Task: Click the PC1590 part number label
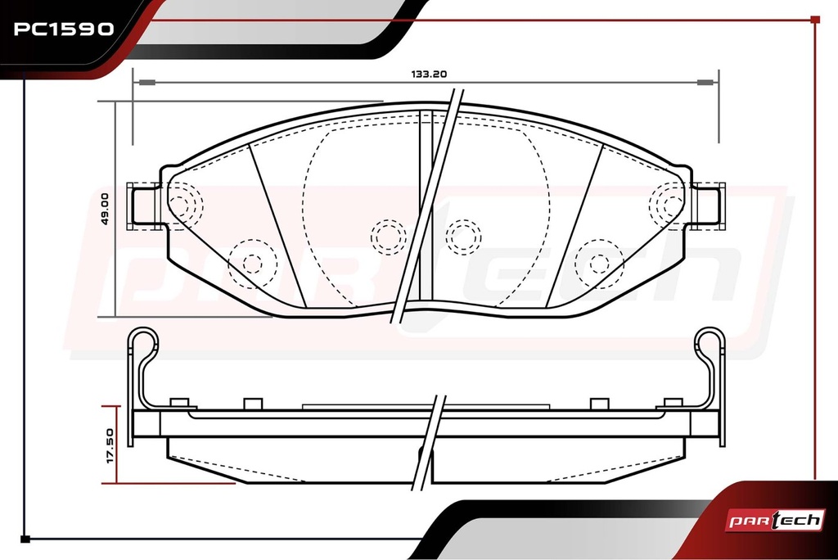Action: (x=64, y=29)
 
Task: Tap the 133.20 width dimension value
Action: (x=429, y=75)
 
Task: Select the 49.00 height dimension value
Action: (x=104, y=209)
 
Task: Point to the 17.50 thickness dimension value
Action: (x=110, y=445)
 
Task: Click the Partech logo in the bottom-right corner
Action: (x=774, y=520)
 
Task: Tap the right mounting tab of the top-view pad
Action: (x=708, y=206)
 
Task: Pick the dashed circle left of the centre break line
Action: (x=389, y=237)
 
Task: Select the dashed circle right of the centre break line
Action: (x=463, y=237)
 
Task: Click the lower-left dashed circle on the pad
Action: (x=252, y=264)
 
